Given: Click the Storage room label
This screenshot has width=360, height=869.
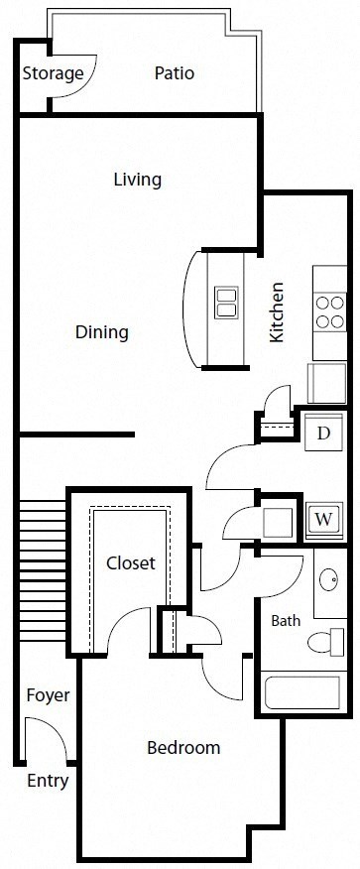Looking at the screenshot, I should (53, 73).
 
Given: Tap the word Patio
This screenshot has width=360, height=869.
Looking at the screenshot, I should (174, 73).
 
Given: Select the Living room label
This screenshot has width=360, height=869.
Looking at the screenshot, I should (137, 180).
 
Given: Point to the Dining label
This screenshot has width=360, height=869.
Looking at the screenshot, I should (102, 331).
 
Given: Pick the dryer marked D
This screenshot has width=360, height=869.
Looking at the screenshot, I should (323, 433).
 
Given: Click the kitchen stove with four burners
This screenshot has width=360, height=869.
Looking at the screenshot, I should (328, 310).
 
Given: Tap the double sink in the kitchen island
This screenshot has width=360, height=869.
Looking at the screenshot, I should (226, 301).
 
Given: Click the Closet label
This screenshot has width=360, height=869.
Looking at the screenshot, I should (131, 562).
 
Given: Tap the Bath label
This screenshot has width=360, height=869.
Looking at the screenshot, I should (286, 621).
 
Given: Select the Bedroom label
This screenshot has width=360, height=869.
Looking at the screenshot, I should (183, 747).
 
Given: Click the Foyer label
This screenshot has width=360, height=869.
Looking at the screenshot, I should (48, 694).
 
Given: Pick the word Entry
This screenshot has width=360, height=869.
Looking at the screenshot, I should (48, 781).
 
